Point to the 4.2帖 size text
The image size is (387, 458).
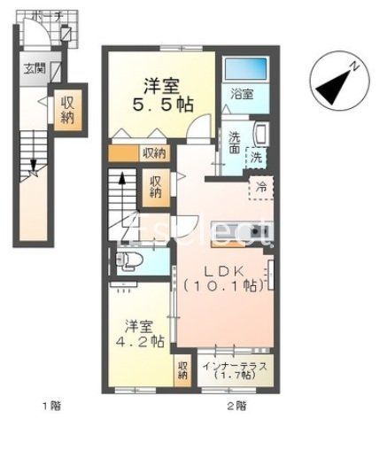point(143,340)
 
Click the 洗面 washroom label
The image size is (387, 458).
point(234,142)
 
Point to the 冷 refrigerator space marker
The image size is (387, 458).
point(262,187)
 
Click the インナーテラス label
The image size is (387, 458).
point(237,364)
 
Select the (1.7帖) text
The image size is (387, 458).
point(237,376)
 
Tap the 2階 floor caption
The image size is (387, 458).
point(236,406)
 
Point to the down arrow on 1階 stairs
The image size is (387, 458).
point(34,166)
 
